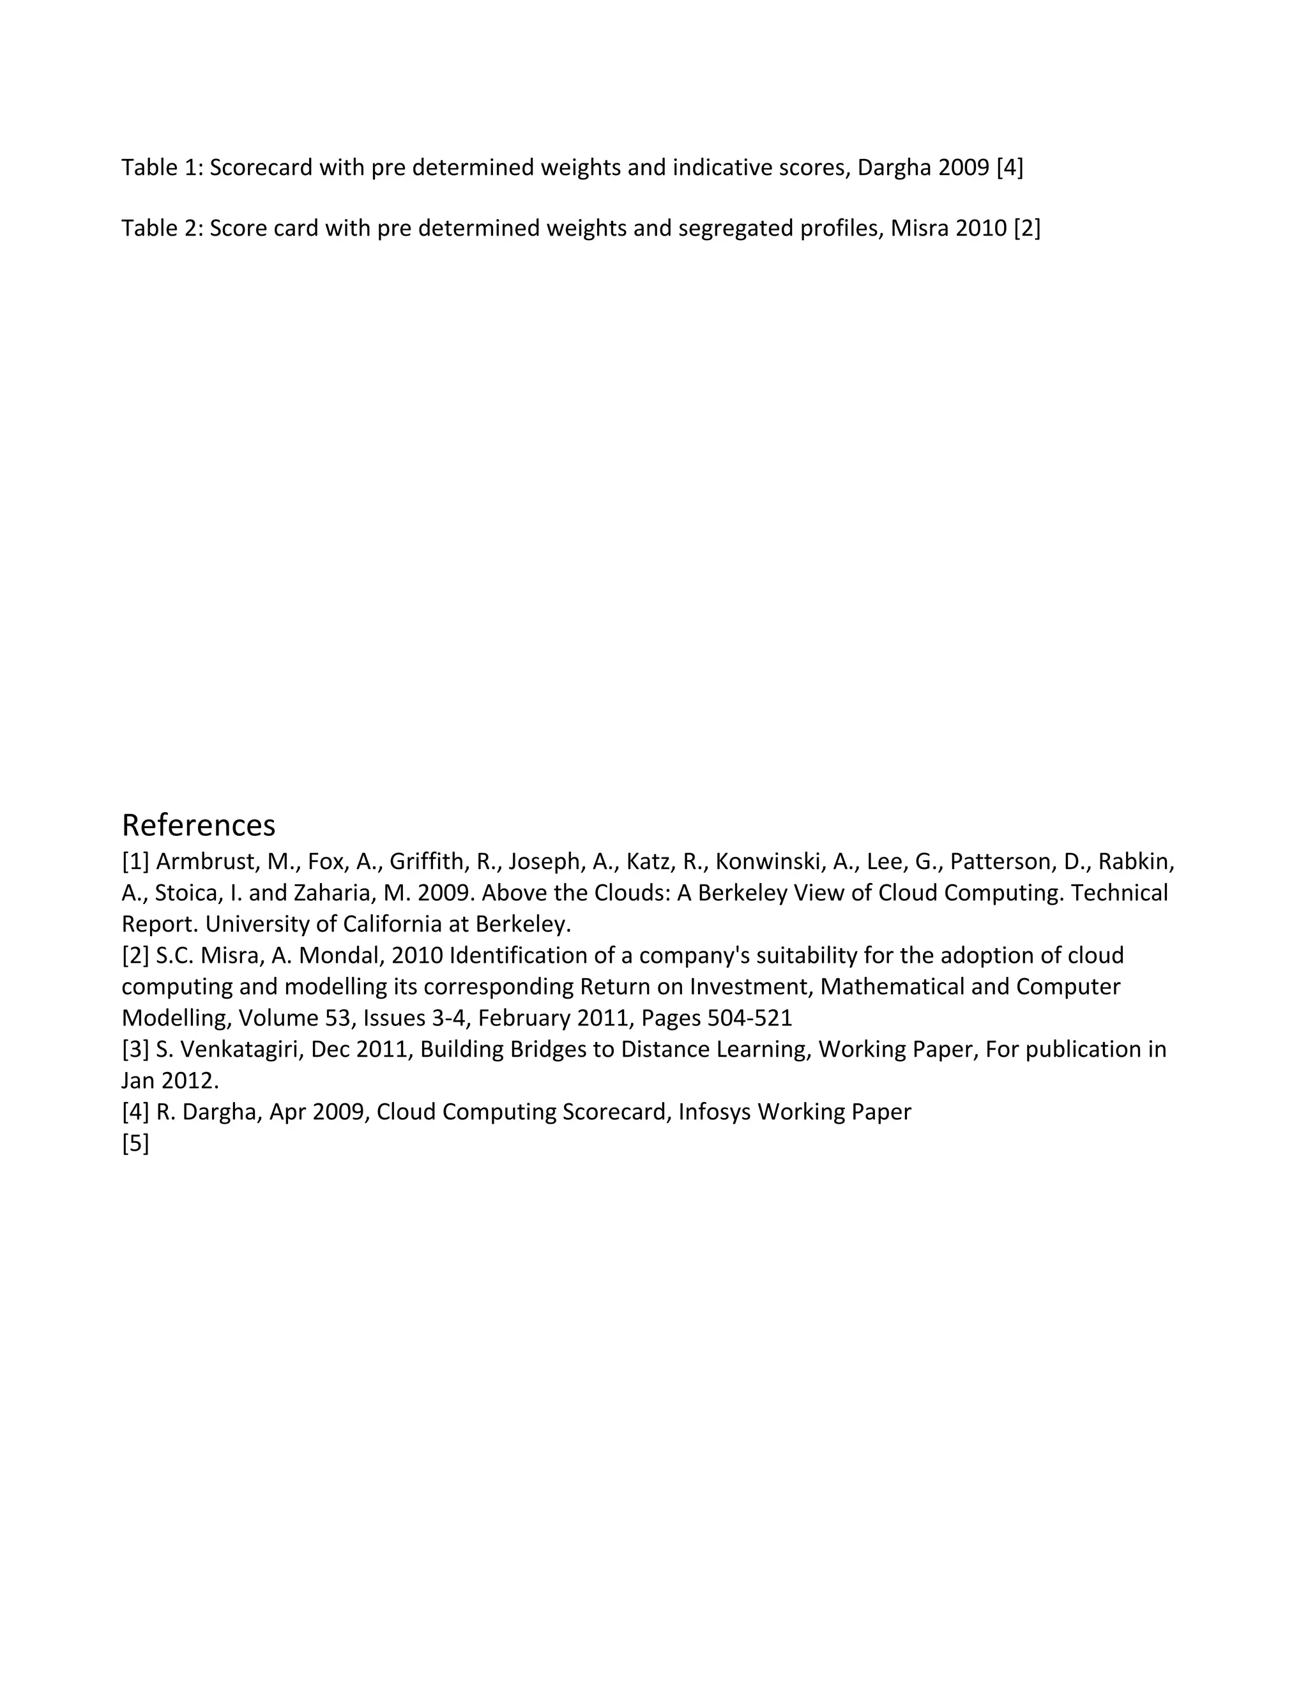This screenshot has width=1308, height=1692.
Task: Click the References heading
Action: pyautogui.click(x=199, y=826)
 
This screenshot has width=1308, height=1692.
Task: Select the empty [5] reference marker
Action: pyautogui.click(x=135, y=1144)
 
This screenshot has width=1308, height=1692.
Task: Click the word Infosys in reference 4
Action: pyautogui.click(x=713, y=1112)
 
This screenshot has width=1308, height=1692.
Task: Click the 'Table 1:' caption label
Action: pyautogui.click(x=162, y=167)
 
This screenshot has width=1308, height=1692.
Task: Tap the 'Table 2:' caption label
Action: pyautogui.click(x=162, y=229)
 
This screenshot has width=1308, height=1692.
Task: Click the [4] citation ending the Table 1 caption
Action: pyautogui.click(x=1010, y=167)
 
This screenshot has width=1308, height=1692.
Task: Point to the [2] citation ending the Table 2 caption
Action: pyautogui.click(x=1027, y=229)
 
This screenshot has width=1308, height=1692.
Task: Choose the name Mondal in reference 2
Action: pyautogui.click(x=340, y=955)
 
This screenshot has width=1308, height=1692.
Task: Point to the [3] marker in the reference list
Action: pyautogui.click(x=135, y=1049)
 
